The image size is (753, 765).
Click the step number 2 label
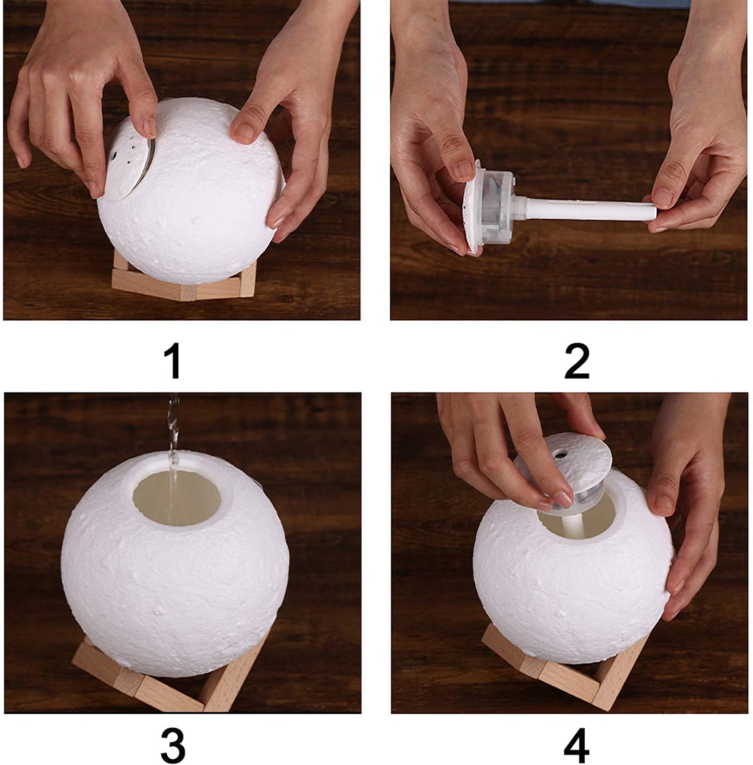[x=576, y=361]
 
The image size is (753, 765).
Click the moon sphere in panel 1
[x=199, y=191]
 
